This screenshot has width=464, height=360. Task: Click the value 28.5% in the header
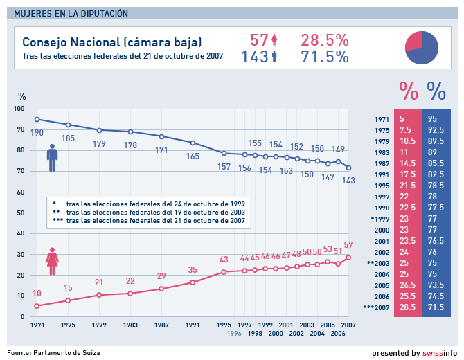tap(324, 40)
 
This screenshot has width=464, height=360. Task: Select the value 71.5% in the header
tap(324, 57)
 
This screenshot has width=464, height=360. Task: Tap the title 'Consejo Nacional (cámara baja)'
tap(112, 42)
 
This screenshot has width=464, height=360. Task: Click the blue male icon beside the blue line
tap(52, 157)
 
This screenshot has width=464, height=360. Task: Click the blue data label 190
tap(37, 132)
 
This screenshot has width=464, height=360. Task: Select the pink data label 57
tap(348, 244)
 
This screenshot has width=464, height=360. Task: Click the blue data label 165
tap(193, 156)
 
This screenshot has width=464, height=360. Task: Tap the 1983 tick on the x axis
tap(130, 324)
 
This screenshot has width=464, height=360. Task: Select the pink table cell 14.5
tap(407, 163)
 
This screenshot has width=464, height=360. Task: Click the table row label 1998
tap(382, 207)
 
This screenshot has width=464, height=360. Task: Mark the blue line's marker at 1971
tap(37, 119)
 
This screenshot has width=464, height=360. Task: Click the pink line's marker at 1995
tap(224, 272)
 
